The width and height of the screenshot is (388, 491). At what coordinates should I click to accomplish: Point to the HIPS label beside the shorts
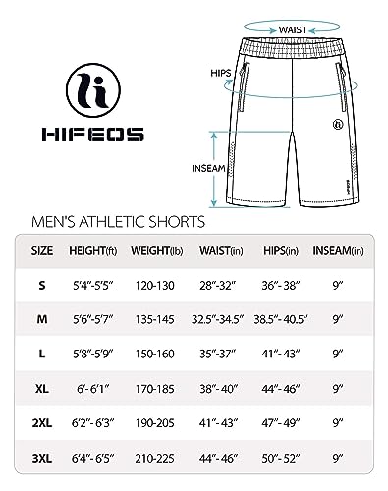coord(194,72)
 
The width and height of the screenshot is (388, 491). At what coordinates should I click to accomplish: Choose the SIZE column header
coord(41,251)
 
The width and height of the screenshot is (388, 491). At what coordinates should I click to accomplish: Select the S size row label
coord(41,286)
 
